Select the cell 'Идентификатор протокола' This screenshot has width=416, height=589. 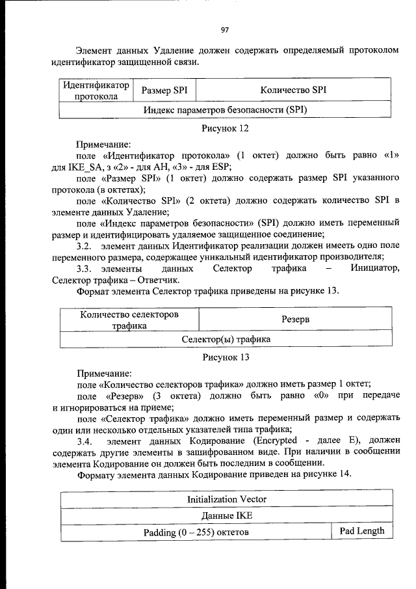click(x=96, y=91)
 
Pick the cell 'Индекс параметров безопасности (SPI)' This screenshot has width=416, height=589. click(x=225, y=110)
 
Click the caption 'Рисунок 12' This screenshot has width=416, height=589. click(x=226, y=129)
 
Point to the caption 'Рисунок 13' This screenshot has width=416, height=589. click(x=226, y=357)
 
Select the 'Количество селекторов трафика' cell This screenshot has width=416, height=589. click(x=129, y=320)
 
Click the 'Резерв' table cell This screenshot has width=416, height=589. click(x=295, y=320)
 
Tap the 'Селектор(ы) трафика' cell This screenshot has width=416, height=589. click(x=226, y=339)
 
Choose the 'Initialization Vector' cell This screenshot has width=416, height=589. click(x=226, y=500)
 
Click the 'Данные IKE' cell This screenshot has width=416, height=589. click(x=226, y=516)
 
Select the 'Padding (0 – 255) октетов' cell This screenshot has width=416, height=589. click(x=196, y=532)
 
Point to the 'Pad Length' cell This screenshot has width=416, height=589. click(x=362, y=531)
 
